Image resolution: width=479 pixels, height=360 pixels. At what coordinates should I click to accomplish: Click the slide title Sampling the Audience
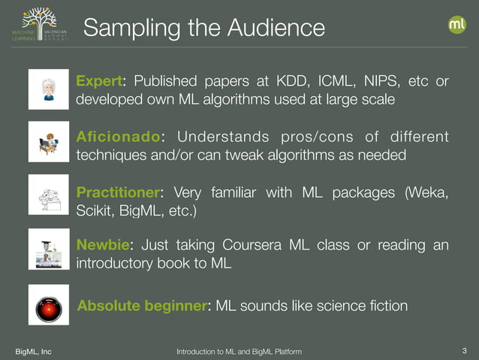[203, 28]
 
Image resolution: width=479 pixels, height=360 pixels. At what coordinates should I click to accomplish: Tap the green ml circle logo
[457, 25]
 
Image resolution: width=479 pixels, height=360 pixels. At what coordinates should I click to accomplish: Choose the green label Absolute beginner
[142, 306]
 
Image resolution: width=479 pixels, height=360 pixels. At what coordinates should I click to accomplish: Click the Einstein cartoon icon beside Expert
[47, 89]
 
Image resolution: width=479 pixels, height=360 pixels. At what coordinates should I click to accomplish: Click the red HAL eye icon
[47, 306]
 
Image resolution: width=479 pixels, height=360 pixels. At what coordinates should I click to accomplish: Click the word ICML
[342, 81]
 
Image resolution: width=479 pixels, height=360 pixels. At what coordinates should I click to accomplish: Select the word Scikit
[95, 211]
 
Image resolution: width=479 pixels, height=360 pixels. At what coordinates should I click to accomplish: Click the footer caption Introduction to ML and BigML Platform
[239, 352]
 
